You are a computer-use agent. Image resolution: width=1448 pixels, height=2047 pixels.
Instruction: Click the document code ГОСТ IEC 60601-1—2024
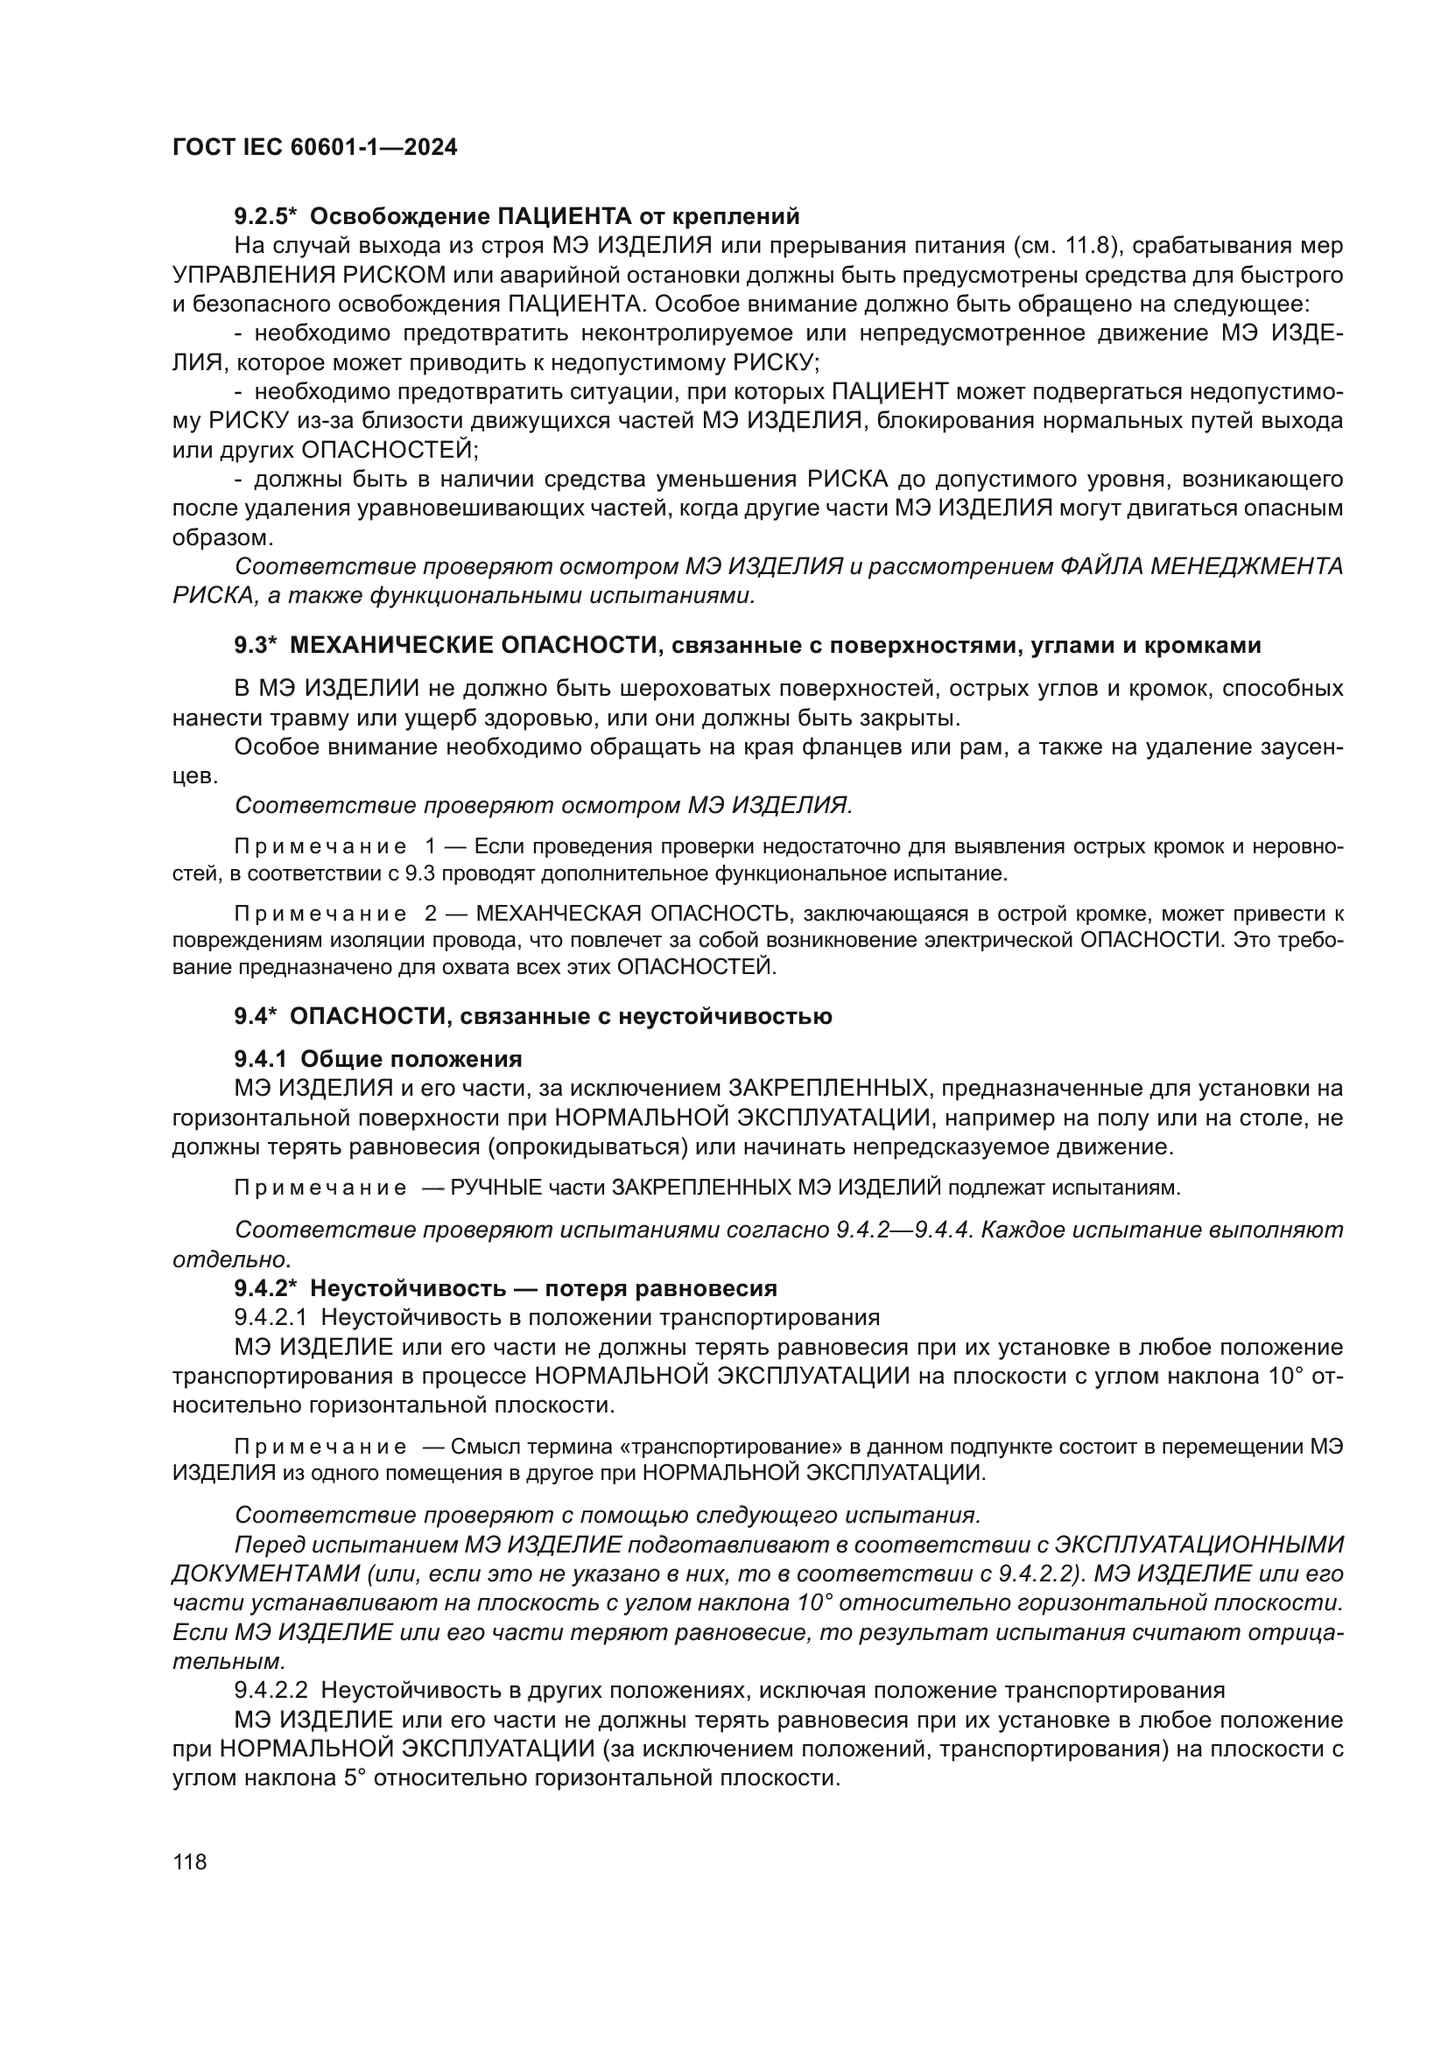[315, 147]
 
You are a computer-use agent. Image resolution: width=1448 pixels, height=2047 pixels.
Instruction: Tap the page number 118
[191, 1861]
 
